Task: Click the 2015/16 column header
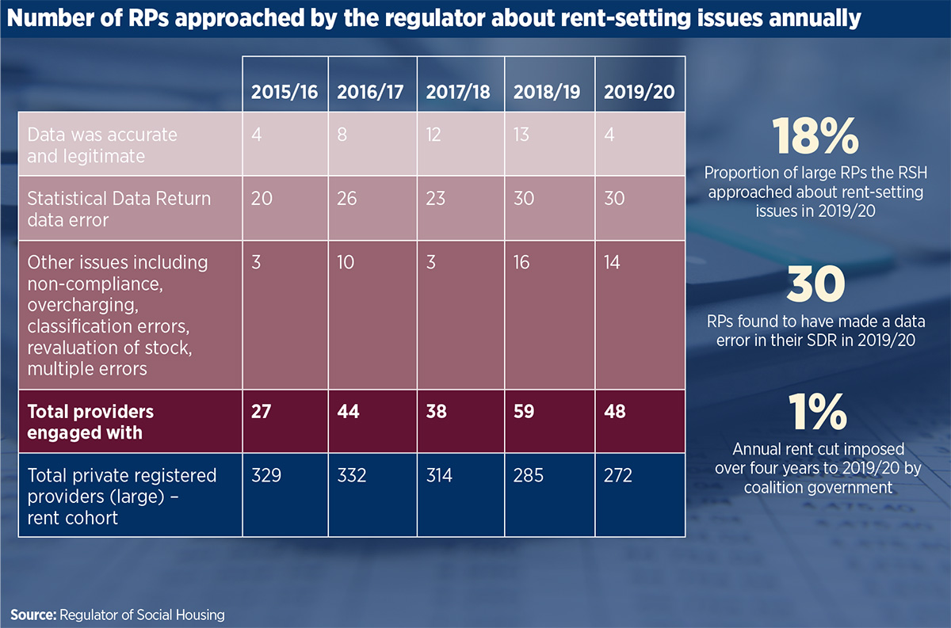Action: [285, 92]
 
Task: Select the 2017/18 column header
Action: [458, 92]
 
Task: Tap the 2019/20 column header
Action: [639, 92]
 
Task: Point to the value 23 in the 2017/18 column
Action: [437, 198]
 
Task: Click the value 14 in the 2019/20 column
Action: [614, 262]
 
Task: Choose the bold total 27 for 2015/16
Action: [262, 412]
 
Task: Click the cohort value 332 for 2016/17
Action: [353, 475]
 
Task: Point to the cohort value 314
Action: [441, 475]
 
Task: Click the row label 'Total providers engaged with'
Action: [90, 421]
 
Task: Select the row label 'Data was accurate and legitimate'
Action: [102, 145]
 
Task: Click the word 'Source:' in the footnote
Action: [36, 614]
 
